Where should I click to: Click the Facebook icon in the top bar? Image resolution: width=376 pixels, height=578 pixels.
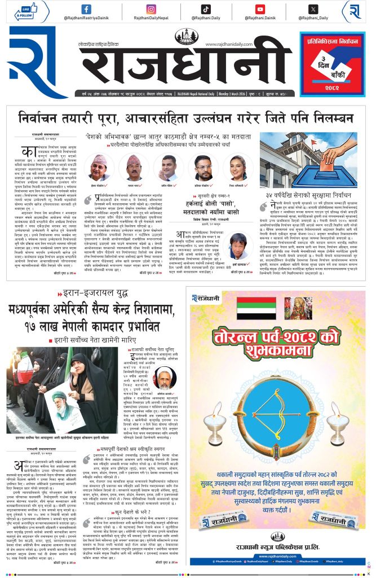(86, 9)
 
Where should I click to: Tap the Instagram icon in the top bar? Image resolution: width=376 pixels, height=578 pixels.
(151, 9)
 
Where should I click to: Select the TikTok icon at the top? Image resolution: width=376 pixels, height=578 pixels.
(206, 9)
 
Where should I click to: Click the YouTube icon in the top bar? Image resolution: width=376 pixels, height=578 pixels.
(260, 9)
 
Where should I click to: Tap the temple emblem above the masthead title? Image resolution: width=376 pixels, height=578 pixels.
(187, 37)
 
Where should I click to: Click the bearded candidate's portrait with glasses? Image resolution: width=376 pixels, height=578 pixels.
(203, 167)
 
